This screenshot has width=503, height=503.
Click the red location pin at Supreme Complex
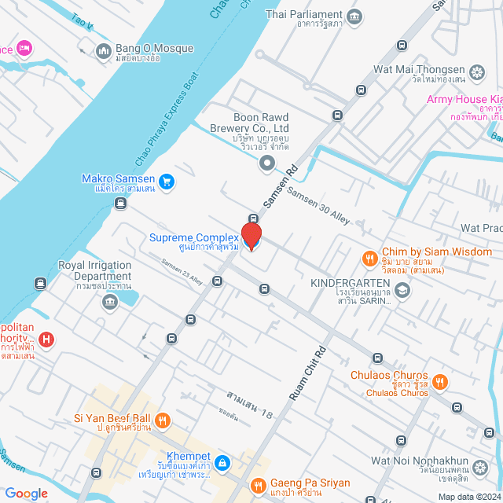(x=251, y=236)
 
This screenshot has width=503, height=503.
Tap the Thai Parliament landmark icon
(x=354, y=15)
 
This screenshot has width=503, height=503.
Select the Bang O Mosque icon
(x=104, y=51)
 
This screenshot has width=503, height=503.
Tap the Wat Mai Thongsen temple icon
(x=476, y=73)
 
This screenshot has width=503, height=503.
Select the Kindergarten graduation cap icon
(x=402, y=291)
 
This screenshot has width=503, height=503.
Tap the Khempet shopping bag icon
(x=223, y=462)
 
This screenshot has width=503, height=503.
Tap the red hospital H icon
(x=46, y=340)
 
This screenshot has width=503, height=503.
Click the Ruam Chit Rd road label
(x=307, y=375)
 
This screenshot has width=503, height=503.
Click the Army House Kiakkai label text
(x=464, y=99)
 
